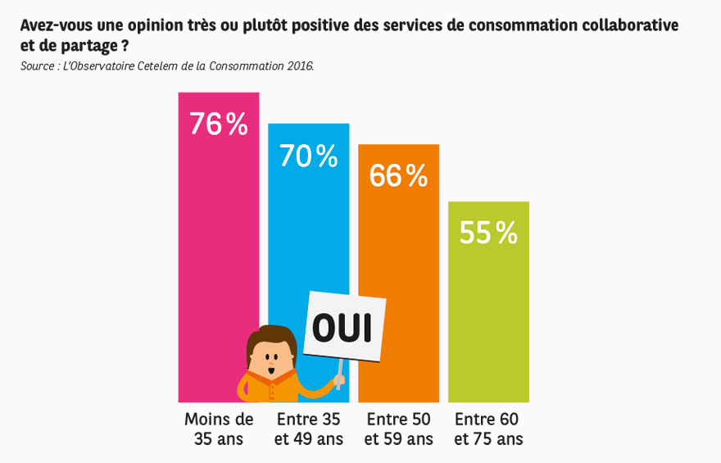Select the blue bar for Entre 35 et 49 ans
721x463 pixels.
308,221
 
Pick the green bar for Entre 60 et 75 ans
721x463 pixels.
488,311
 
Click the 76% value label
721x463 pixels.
219,125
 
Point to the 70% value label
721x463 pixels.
309,157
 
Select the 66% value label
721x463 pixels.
398,176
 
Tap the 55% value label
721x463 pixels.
488,234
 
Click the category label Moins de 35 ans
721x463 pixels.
219,429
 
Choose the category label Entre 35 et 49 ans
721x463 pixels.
309,429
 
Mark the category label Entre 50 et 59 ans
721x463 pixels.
398,429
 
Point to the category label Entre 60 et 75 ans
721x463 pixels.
488,429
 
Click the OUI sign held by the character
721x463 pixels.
343,328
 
